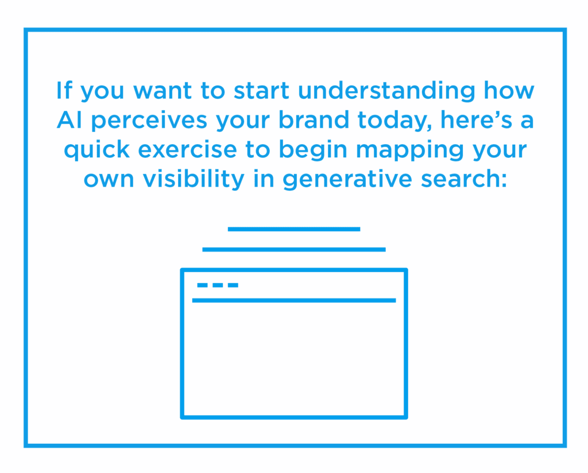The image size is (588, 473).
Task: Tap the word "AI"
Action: point(67,121)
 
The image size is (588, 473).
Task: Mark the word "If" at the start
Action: point(64,91)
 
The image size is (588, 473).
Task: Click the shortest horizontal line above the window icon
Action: point(294,229)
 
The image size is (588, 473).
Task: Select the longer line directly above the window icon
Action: point(294,250)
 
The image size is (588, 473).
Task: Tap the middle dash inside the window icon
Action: point(218,285)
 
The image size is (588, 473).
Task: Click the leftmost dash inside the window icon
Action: point(203,285)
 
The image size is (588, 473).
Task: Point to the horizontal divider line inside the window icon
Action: point(294,300)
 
